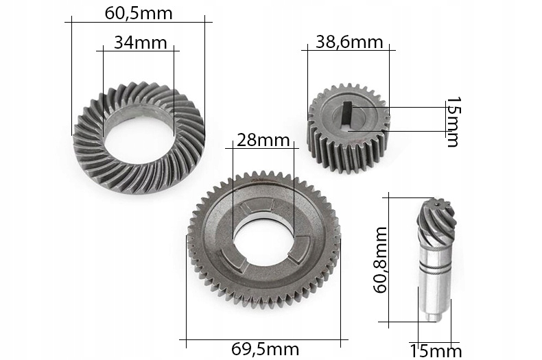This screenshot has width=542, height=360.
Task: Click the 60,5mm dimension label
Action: [139, 14]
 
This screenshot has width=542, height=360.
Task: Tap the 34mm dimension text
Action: [141, 43]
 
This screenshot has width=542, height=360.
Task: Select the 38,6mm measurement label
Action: [349, 42]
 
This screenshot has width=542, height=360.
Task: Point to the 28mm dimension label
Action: [263, 141]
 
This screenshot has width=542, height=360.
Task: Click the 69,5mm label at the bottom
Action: [265, 349]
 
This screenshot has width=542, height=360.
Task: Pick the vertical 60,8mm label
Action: [380, 260]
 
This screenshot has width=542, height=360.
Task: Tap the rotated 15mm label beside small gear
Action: [453, 121]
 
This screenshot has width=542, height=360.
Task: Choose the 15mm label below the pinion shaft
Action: [436, 352]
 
